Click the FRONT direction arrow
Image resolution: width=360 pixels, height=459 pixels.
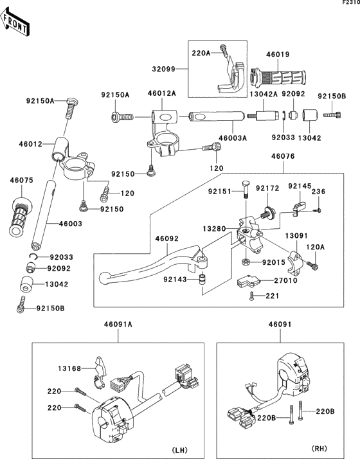point(14,22)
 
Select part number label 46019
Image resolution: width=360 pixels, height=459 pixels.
point(278,55)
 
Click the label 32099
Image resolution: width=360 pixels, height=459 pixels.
point(163,69)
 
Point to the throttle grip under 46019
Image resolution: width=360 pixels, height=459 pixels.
point(278,78)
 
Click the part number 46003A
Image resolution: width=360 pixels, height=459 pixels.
point(233,138)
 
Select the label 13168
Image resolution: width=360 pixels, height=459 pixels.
point(69,368)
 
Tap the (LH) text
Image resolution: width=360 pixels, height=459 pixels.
point(179,450)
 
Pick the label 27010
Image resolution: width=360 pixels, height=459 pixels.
point(285,280)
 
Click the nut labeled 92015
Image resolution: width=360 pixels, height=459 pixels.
point(246,262)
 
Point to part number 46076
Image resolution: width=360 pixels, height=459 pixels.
point(283,156)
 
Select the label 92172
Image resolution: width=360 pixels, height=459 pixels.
point(267,188)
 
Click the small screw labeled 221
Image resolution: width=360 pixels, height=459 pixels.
point(251,296)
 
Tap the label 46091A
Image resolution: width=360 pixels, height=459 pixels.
point(118,325)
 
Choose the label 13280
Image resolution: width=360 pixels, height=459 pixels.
point(215,229)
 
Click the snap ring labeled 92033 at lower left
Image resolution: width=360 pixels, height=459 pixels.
point(34,256)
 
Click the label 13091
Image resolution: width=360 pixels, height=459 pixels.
point(296,236)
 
